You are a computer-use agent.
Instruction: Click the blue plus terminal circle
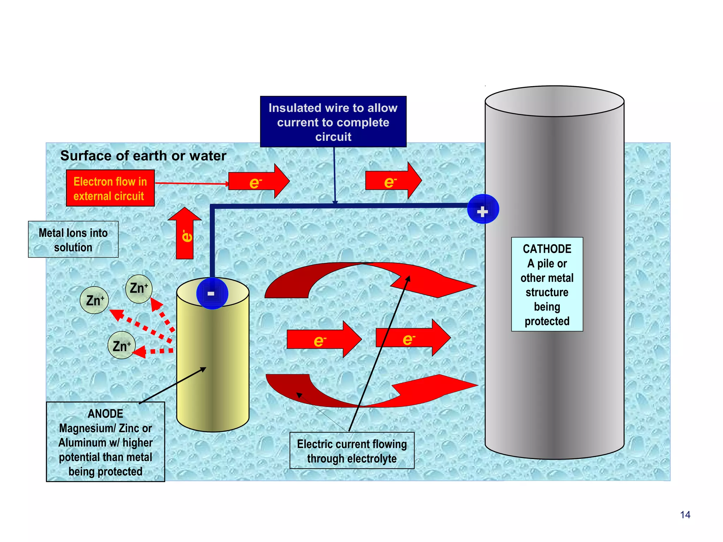[483, 209]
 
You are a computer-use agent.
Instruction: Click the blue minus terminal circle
[212, 293]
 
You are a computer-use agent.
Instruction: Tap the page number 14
[685, 515]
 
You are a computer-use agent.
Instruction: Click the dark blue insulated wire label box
[333, 122]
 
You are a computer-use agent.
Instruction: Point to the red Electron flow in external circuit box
[110, 188]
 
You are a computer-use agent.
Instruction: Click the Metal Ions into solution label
[73, 240]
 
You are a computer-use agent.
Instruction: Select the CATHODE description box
[546, 284]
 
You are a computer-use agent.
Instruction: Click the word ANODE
[105, 414]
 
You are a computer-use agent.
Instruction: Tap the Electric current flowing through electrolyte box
[352, 451]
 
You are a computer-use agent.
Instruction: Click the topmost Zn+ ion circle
[139, 288]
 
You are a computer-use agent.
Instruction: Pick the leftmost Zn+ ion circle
[94, 301]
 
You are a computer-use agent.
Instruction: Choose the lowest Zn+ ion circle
[121, 345]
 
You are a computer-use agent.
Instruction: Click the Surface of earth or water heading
[143, 156]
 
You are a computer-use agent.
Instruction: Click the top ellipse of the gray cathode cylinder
[554, 101]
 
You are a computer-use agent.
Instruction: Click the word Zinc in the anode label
[129, 428]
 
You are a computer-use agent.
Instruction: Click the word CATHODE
[546, 249]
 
